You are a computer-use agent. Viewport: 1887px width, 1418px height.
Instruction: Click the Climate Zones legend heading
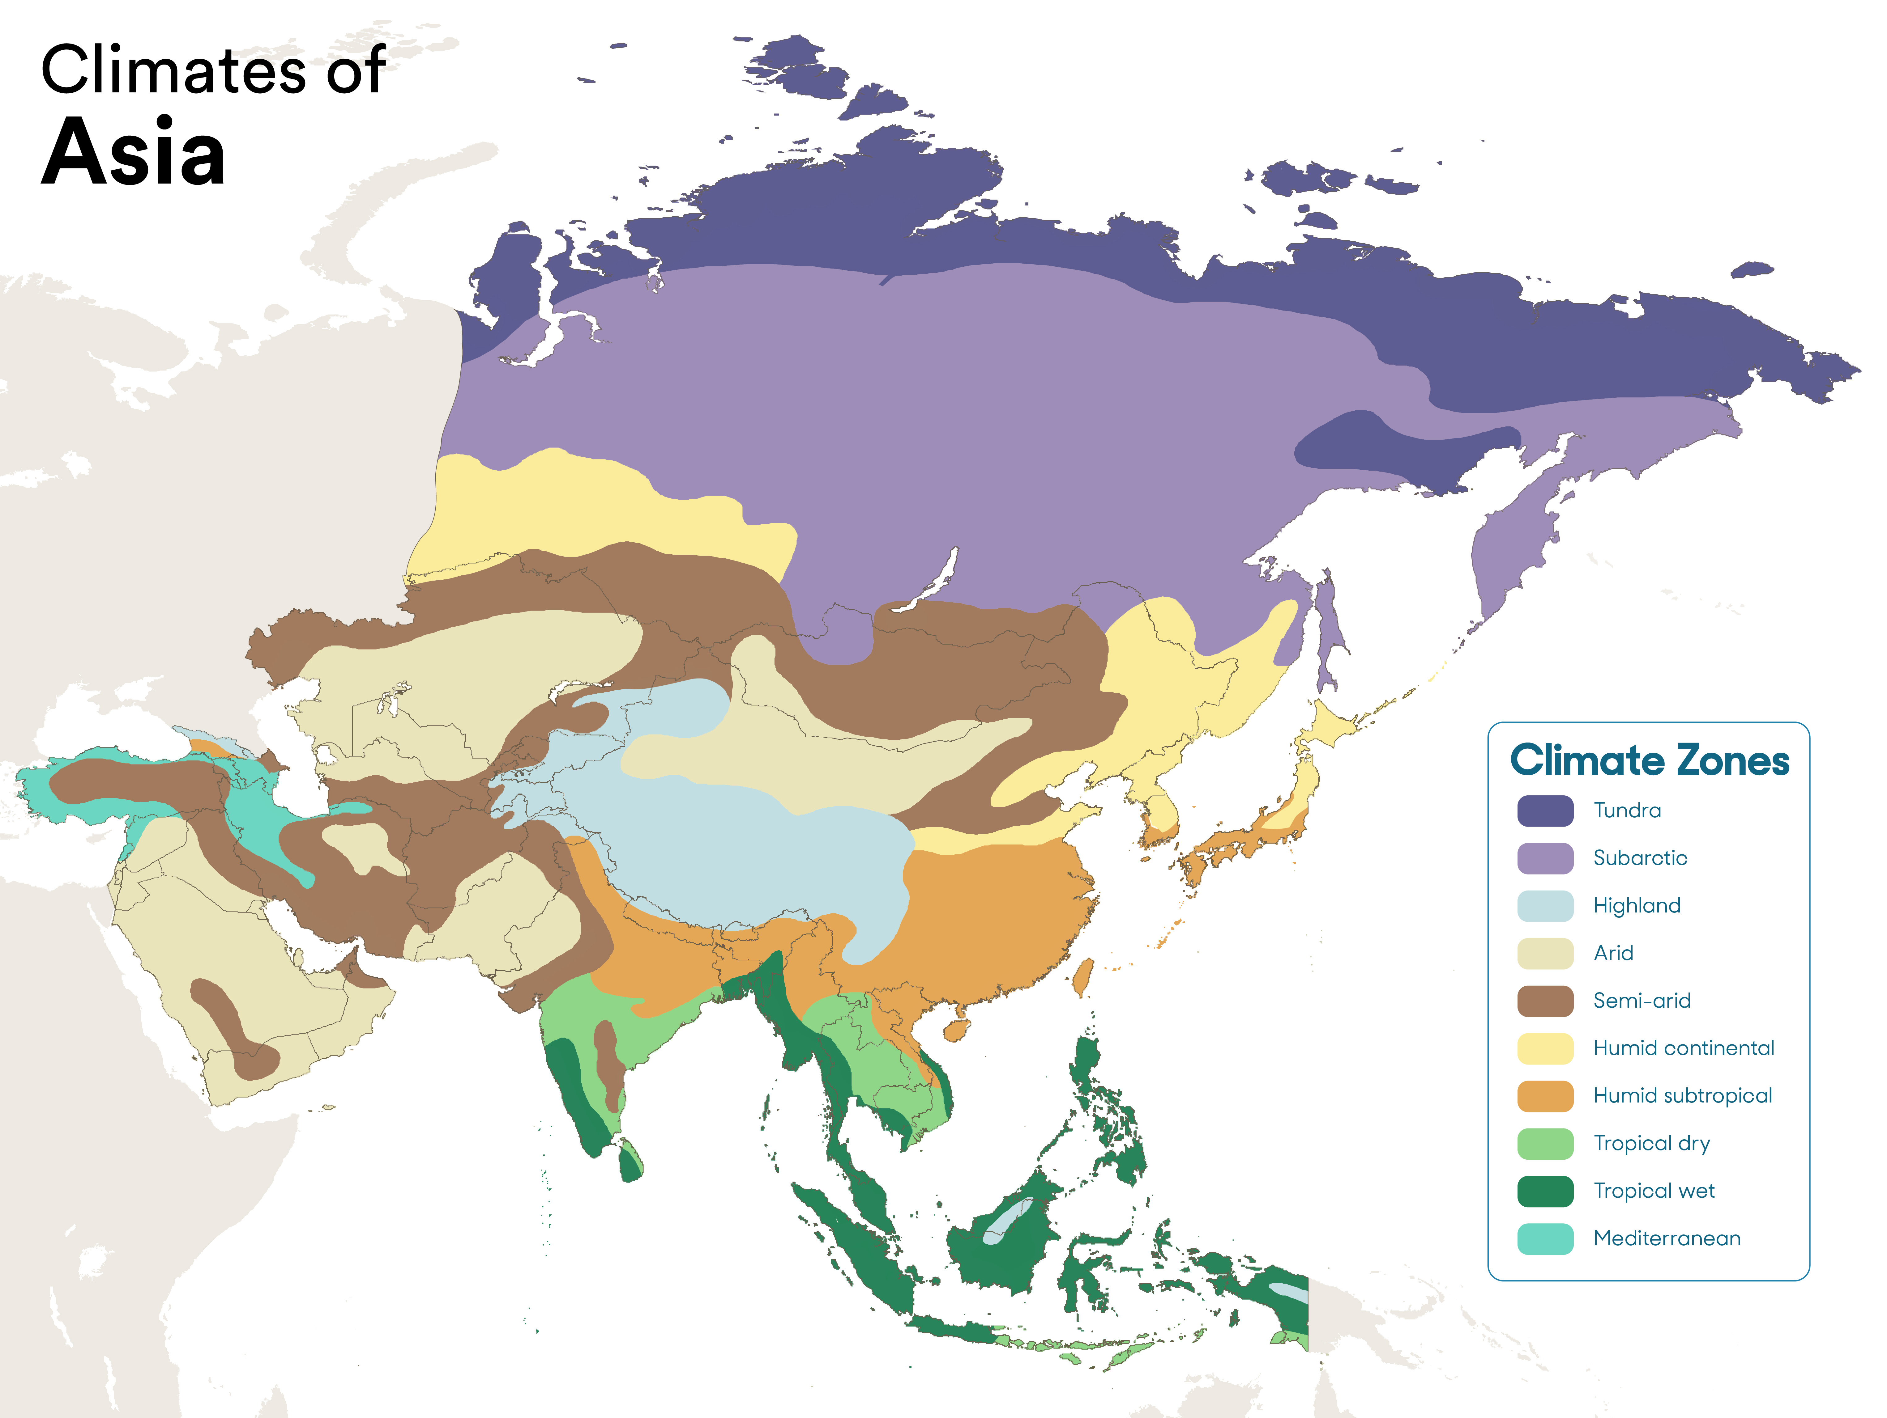click(1649, 760)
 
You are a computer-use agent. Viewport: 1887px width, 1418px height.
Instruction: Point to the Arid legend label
click(1613, 953)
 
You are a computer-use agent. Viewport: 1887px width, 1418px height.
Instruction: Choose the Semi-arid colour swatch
click(1545, 1001)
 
